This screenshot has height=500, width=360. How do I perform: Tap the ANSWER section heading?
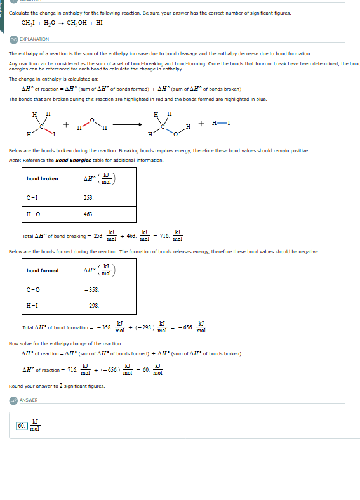click(x=29, y=400)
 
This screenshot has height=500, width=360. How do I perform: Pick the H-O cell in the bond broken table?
click(x=33, y=215)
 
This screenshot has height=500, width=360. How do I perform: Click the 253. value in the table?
click(x=89, y=198)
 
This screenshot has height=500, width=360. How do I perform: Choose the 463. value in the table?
click(x=89, y=215)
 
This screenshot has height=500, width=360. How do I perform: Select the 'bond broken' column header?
click(x=42, y=178)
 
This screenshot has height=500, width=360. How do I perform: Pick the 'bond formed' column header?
click(x=42, y=270)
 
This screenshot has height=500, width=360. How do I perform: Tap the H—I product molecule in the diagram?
click(x=220, y=122)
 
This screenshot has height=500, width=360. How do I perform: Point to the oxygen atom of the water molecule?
click(x=91, y=120)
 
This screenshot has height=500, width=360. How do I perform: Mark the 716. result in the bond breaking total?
click(x=164, y=236)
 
